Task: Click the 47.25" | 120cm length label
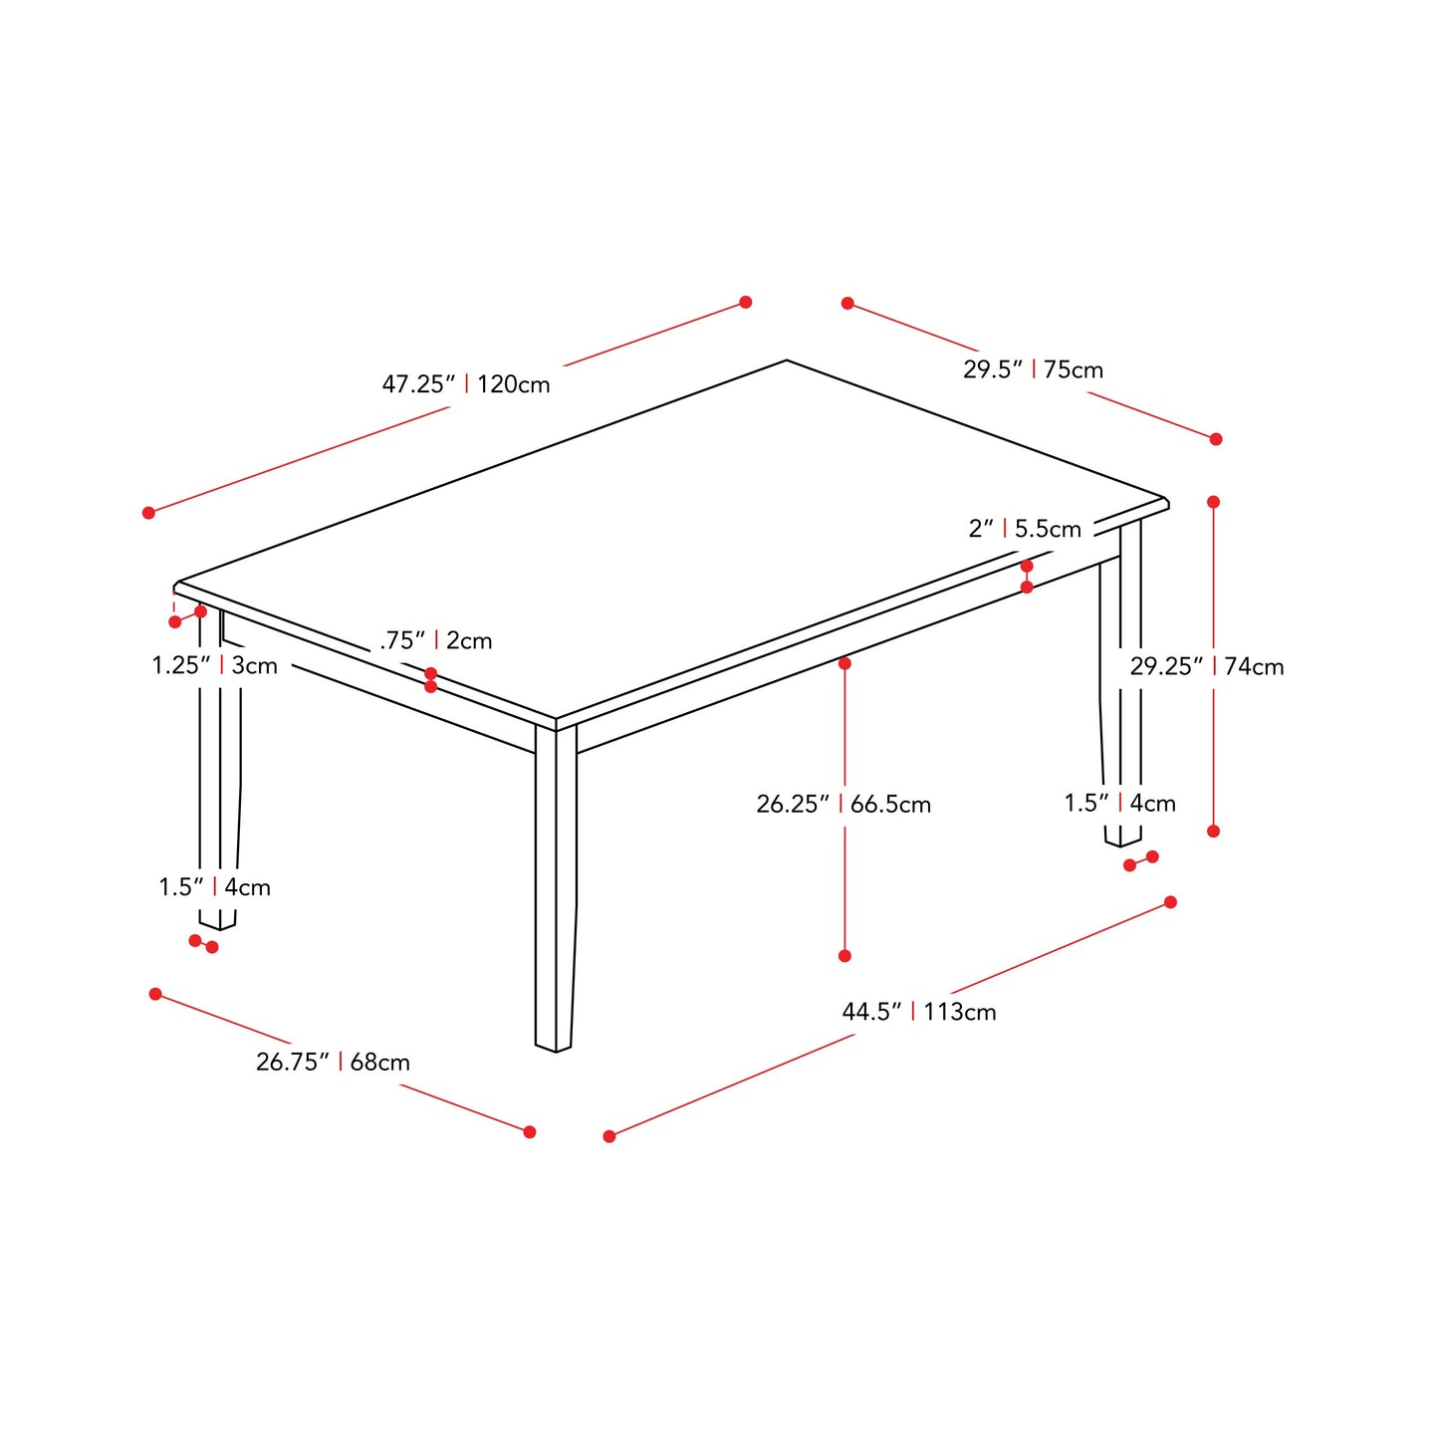click(x=465, y=384)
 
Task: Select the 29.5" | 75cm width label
click(x=1033, y=369)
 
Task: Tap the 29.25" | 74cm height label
click(x=1206, y=666)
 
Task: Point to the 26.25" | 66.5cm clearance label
click(x=843, y=804)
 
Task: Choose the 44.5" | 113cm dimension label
click(x=918, y=1012)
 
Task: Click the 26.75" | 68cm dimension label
click(x=333, y=1062)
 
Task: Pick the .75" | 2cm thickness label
click(x=436, y=640)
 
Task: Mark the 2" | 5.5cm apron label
click(x=1025, y=529)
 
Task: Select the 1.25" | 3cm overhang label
click(x=214, y=665)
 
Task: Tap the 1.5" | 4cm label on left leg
click(x=214, y=887)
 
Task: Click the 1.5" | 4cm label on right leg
click(x=1119, y=803)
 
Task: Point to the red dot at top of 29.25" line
click(x=1213, y=502)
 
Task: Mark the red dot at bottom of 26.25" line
click(x=844, y=956)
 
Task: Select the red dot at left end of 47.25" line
click(x=148, y=513)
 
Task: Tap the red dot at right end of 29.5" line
click(x=1216, y=439)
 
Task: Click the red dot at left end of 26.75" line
click(x=155, y=994)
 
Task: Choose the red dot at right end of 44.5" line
click(x=1170, y=902)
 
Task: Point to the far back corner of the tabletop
click(x=787, y=360)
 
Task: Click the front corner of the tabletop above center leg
click(x=556, y=719)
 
